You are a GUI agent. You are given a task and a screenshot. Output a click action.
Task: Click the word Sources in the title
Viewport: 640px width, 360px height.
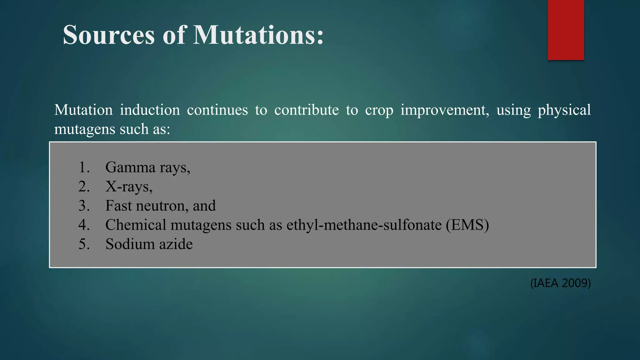point(109,35)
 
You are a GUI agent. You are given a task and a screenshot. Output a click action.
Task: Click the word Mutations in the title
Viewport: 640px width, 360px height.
point(258,35)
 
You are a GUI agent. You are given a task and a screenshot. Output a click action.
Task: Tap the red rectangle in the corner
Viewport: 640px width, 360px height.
point(566,30)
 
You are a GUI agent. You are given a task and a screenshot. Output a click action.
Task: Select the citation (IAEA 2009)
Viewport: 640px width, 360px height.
point(560,283)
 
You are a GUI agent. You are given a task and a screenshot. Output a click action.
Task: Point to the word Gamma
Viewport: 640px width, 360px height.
point(130,167)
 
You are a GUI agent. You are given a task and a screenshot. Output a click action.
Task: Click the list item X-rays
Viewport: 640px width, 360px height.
point(129,187)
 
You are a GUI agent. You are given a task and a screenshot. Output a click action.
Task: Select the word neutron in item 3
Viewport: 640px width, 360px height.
point(162,206)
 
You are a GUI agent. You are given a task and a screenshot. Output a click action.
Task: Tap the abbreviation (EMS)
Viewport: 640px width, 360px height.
point(467,225)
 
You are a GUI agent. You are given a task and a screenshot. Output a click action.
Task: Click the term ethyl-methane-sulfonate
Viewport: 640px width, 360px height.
point(364,225)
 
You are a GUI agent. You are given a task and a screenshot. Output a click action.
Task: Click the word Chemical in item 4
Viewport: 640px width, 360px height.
point(136,225)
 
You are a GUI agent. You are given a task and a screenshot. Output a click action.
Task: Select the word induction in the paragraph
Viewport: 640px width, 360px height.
point(150,110)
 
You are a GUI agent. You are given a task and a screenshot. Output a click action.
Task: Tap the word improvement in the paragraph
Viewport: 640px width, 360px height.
point(445,110)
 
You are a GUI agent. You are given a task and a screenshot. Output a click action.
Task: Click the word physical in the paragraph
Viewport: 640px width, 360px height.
point(564,110)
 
